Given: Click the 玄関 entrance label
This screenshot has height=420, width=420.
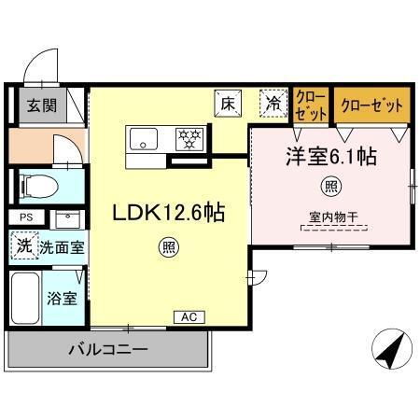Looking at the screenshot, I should tap(39, 105).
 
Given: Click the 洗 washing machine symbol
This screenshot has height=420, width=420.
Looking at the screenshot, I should tap(23, 247).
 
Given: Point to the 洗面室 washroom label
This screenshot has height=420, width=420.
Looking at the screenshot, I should tap(62, 248).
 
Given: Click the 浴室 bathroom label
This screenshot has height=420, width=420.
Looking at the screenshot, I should tap(62, 299).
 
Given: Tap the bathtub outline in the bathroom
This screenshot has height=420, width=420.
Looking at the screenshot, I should tap(25, 301).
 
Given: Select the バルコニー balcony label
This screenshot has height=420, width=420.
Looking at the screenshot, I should tap(106, 351).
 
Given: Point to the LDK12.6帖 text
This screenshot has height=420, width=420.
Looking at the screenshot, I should tap(168, 211).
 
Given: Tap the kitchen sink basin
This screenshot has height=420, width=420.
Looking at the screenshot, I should tap(145, 141).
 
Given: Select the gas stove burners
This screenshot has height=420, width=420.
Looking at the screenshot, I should tap(190, 140).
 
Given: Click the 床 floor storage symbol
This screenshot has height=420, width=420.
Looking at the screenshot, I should tap(226, 103).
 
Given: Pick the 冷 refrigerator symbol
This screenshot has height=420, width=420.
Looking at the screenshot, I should tap(272, 104).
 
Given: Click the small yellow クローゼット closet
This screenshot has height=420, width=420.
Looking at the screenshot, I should tap(311, 105).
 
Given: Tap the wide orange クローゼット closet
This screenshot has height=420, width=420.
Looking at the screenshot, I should tap(371, 105).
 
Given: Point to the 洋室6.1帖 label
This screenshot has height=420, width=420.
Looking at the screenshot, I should tap(330, 157).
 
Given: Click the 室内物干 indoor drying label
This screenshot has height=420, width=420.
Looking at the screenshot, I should tap(333, 220).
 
